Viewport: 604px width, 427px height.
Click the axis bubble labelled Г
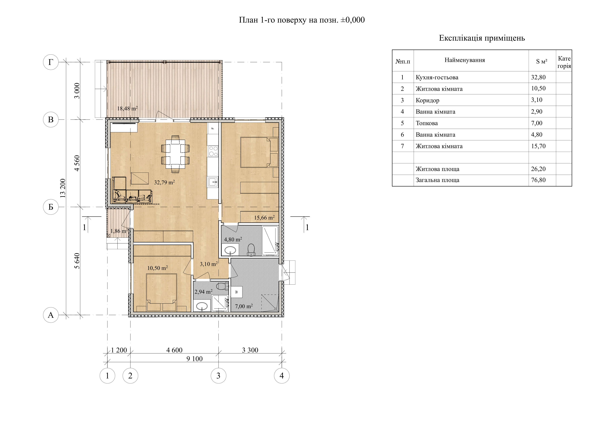pos(51,62)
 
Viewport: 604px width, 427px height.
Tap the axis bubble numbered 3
pos(218,376)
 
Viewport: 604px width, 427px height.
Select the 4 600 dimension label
pos(174,350)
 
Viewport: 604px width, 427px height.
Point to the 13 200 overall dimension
pos(63,188)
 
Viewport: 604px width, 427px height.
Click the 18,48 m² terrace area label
pos(127,108)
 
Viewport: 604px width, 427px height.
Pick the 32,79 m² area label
pos(164,182)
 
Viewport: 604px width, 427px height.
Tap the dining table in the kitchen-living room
pos(175,154)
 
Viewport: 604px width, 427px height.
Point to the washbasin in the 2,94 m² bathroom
pos(202,306)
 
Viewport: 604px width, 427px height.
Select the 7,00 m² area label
pos(244,306)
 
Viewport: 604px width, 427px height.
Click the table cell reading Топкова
pos(427,123)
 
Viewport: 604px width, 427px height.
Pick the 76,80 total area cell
pos(538,180)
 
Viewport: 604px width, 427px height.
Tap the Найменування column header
pos(465,60)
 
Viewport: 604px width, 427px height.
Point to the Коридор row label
pos(428,100)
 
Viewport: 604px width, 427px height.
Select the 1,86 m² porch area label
pos(119,231)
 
